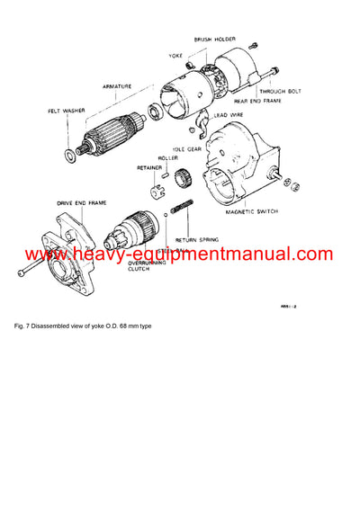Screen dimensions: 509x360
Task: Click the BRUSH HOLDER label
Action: point(213,40)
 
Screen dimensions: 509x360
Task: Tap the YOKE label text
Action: point(176,55)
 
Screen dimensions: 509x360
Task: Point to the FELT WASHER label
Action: point(67,112)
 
